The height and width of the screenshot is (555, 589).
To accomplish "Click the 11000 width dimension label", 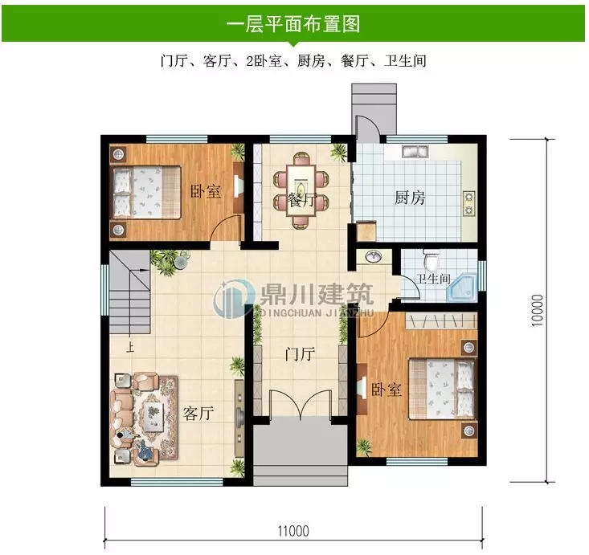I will [x=293, y=530].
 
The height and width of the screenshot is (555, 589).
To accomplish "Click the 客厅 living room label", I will [x=198, y=414].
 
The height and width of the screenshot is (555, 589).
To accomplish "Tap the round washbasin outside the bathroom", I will [x=374, y=258].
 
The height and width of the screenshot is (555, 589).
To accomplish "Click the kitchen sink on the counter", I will [x=415, y=150].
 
